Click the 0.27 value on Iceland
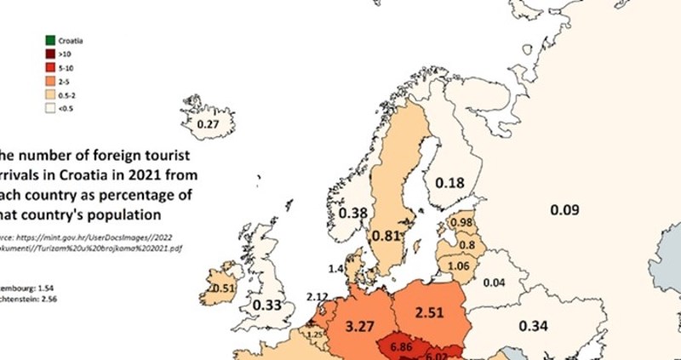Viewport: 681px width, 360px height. coord(208,125)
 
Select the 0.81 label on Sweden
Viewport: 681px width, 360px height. coord(387,235)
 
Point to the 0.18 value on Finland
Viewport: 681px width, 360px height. coord(449,183)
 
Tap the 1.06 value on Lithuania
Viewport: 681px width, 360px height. coord(459,265)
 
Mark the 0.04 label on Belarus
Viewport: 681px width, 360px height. coord(494,283)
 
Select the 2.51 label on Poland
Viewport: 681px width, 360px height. coord(429,311)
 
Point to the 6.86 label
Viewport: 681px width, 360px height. coord(399,347)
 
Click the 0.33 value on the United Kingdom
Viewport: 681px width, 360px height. coord(269,305)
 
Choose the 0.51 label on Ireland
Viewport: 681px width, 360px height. coord(223,288)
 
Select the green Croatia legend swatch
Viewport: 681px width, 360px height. coord(50,40)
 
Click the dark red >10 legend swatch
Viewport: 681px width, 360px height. coord(50,54)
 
